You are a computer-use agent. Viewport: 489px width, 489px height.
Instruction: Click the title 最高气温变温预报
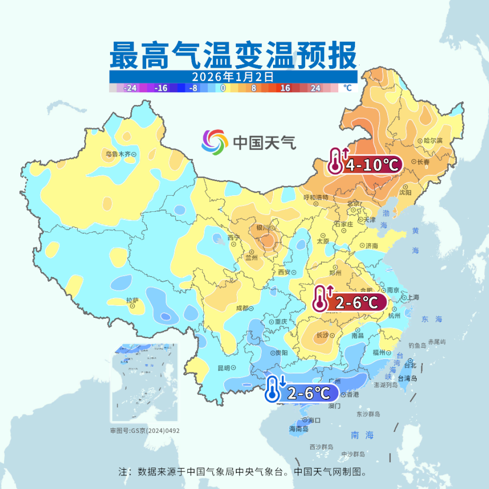[233, 55]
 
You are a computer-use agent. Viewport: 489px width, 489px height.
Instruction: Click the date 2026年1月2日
[233, 77]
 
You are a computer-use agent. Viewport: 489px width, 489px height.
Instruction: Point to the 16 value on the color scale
[285, 88]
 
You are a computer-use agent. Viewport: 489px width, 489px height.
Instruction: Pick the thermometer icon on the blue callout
[273, 390]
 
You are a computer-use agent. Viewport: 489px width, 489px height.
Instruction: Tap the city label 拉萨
[132, 301]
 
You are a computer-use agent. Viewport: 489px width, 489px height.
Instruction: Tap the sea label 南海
[362, 435]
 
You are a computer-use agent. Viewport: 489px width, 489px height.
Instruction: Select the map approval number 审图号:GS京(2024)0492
[145, 430]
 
